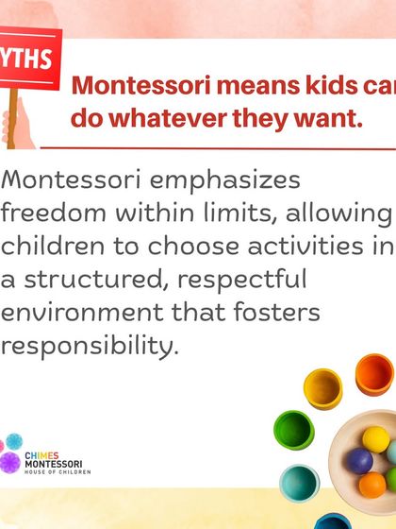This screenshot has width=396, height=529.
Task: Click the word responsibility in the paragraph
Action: pos(89,346)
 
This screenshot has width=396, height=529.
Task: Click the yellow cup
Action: pos(323,387)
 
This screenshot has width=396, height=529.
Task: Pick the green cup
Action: pos(292,440)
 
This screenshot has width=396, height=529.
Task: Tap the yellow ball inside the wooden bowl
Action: pos(375,438)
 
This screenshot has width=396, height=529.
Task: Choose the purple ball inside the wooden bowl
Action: pos(359,460)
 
